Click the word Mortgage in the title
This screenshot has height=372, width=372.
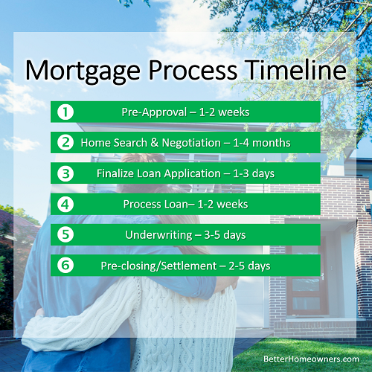(x=83, y=71)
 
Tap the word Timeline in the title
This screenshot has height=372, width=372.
(x=295, y=69)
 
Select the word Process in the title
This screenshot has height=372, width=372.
(x=193, y=70)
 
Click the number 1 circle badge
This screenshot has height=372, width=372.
(x=65, y=112)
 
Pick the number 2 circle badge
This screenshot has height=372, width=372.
(x=65, y=143)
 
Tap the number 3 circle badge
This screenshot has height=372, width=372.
(x=65, y=173)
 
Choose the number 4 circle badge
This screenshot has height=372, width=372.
(x=65, y=204)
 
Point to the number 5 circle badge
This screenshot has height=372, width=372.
(x=65, y=234)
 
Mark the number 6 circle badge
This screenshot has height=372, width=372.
(x=65, y=266)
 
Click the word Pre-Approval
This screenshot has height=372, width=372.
(x=154, y=112)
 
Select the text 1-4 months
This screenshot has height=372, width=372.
(x=262, y=143)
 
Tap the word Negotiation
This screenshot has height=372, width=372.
(x=191, y=143)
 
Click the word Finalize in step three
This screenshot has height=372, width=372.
(x=115, y=173)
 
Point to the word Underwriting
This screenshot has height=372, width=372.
(x=158, y=235)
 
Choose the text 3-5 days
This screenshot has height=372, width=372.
(x=225, y=235)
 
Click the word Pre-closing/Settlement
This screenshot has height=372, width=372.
(x=158, y=266)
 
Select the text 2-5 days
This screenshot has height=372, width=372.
(x=249, y=266)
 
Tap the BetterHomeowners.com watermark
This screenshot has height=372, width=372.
(x=311, y=359)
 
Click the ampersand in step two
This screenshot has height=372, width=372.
(x=154, y=143)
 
